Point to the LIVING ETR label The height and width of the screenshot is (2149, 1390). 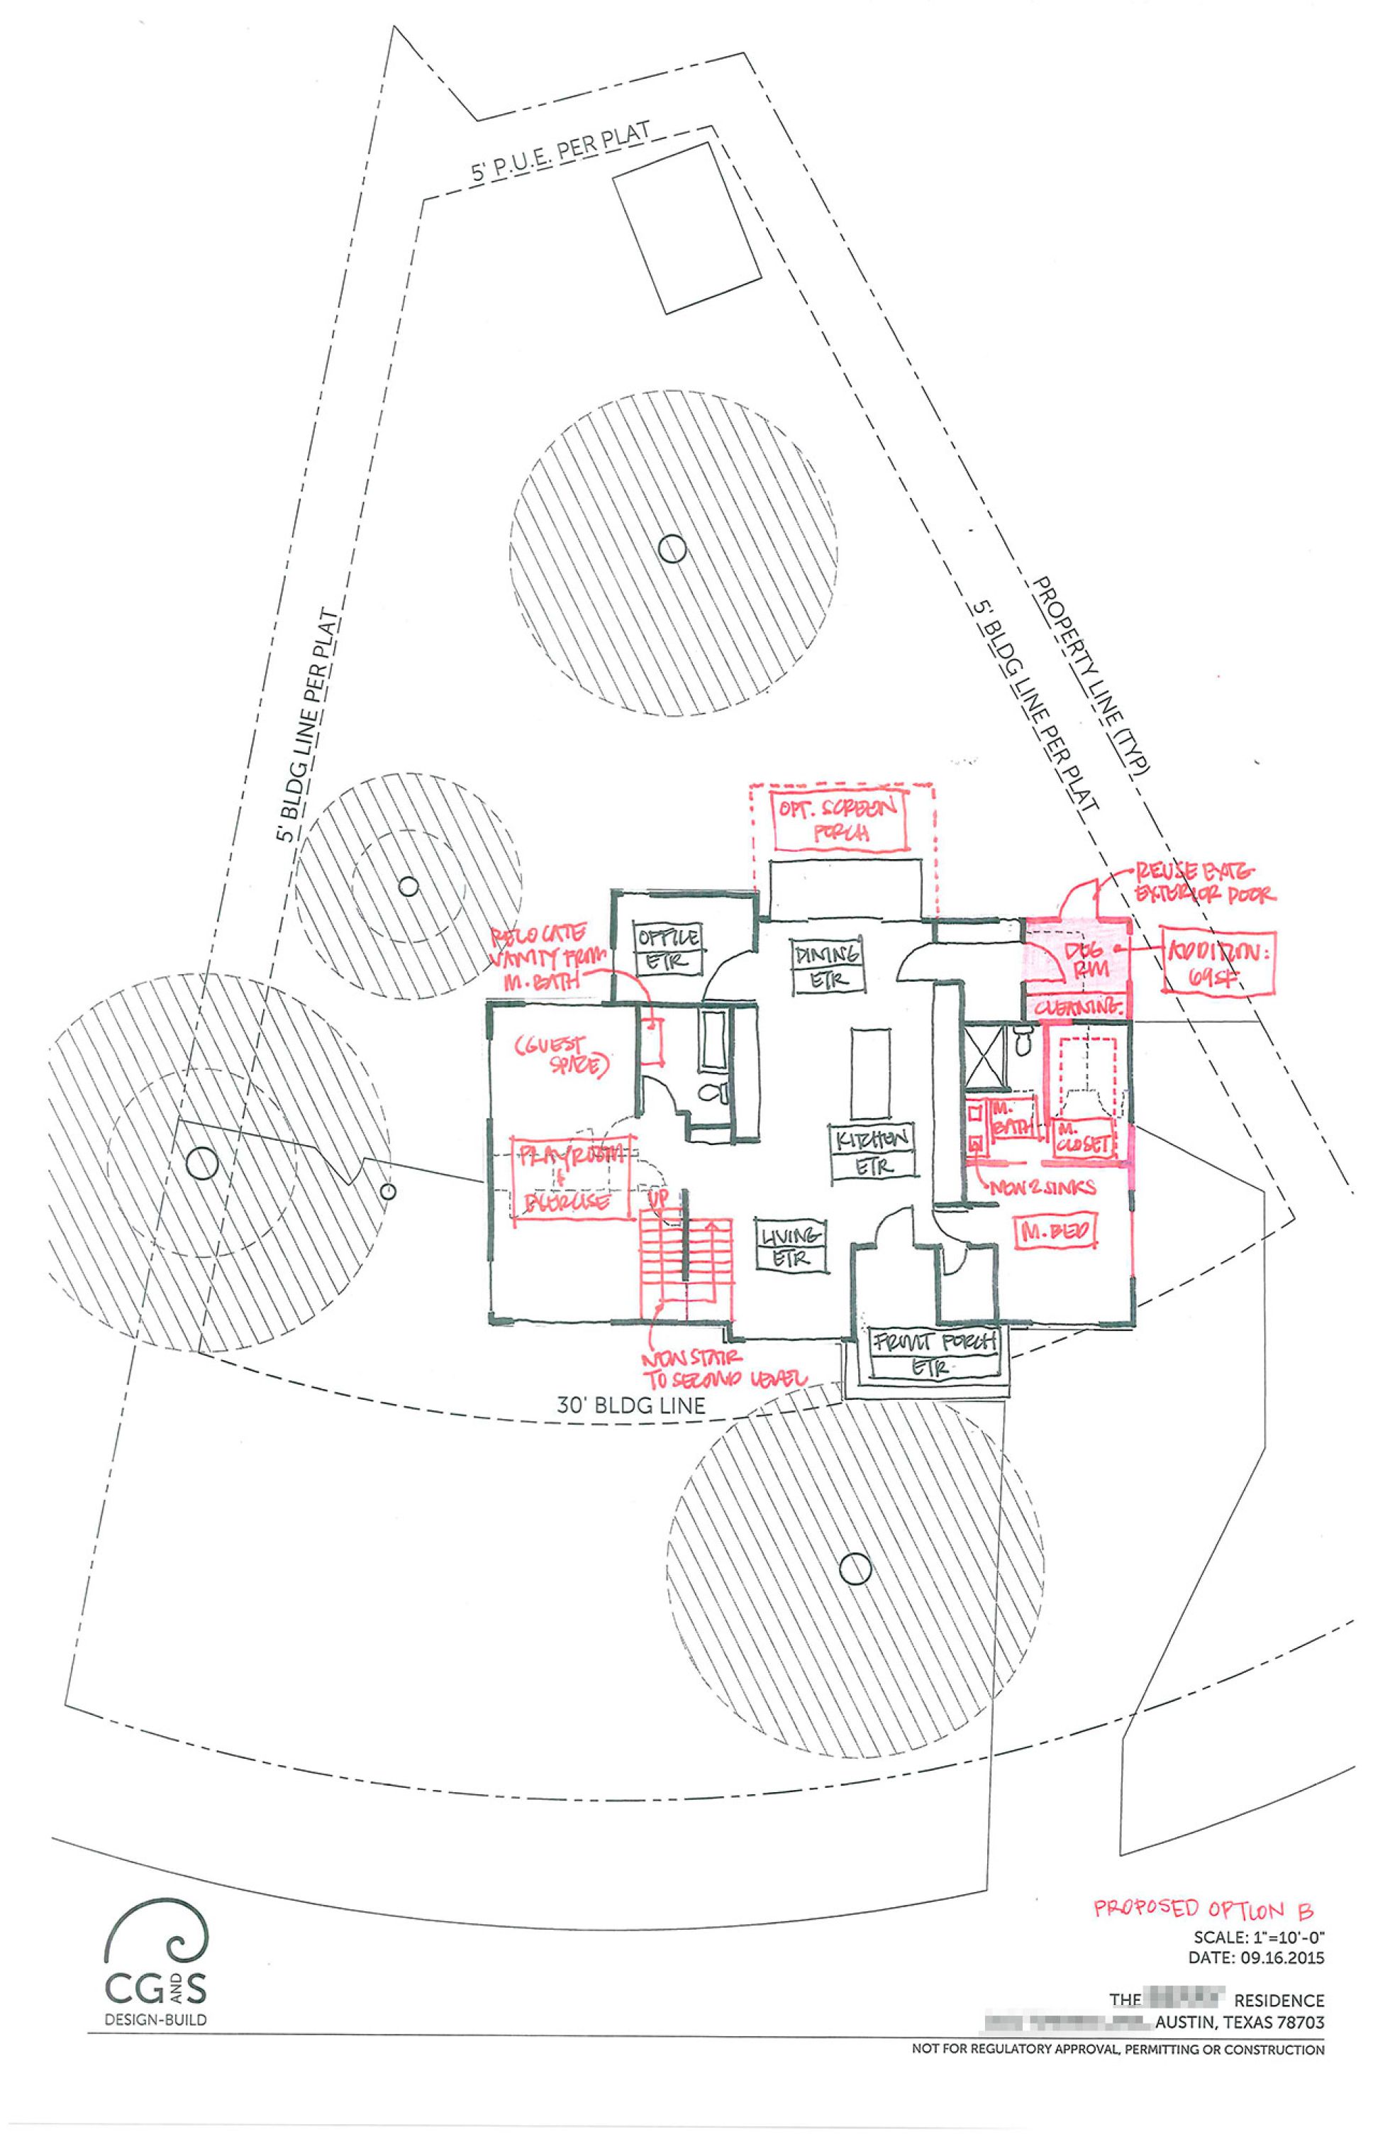click(x=791, y=1246)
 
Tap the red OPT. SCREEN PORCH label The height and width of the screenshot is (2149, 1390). click(x=840, y=820)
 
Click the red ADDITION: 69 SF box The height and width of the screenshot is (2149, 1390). click(x=1218, y=961)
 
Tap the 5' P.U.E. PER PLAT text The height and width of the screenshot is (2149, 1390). click(x=560, y=153)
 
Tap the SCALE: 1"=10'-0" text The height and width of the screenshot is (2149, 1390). click(x=1258, y=1937)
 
